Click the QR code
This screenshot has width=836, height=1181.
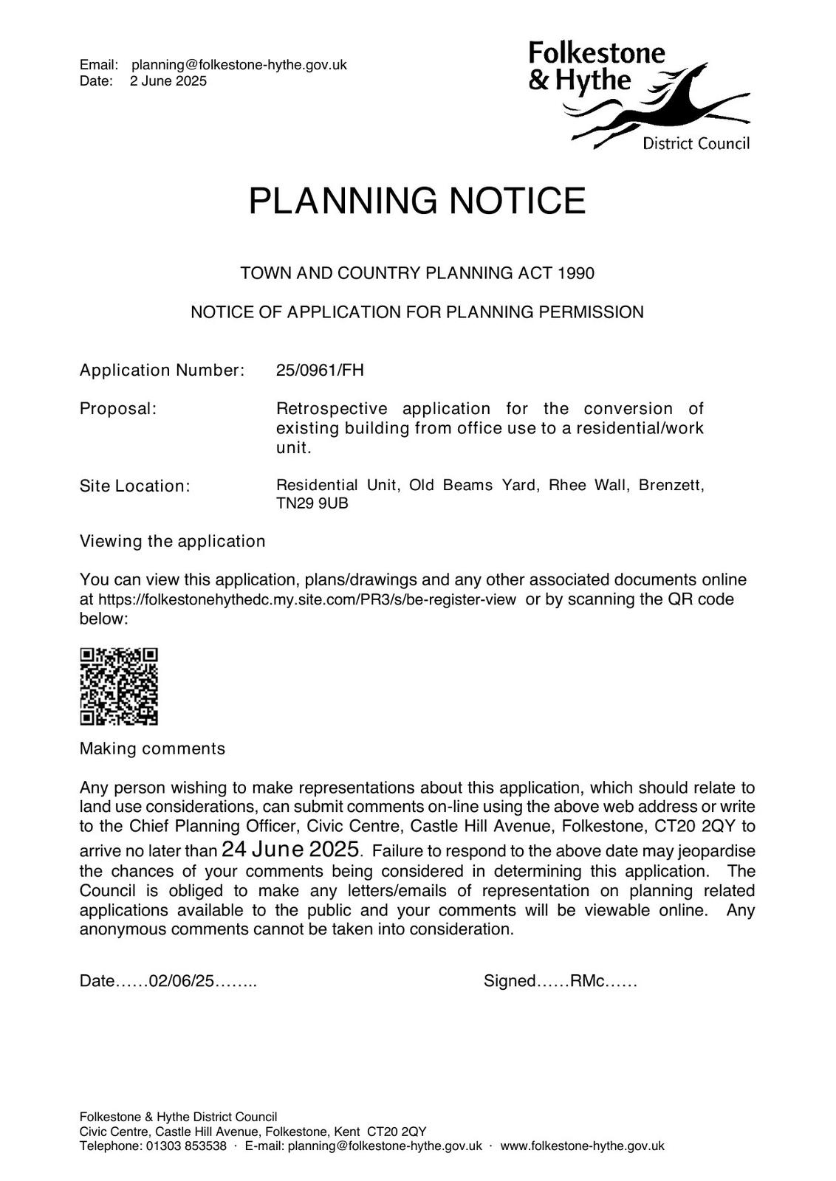tap(118, 686)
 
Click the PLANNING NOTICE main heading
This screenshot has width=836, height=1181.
tap(417, 201)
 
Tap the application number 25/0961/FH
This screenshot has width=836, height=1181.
tap(320, 370)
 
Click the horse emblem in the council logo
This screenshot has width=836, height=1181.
tap(665, 107)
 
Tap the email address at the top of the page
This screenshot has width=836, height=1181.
tap(239, 65)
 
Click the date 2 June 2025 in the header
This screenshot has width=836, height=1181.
tap(168, 81)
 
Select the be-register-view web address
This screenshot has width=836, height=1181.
tap(306, 599)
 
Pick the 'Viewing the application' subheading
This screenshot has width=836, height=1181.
tap(172, 541)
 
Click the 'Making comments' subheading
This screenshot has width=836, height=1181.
tap(152, 748)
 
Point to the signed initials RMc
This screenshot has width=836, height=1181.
tap(588, 981)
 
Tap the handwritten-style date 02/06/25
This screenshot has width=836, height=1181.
tap(182, 981)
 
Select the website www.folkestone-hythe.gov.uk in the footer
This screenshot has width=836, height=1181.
tap(582, 1146)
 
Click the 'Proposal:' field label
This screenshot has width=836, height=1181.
tap(118, 409)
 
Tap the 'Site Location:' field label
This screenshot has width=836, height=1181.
tap(134, 486)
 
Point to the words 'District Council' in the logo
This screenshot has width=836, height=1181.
tap(696, 143)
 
